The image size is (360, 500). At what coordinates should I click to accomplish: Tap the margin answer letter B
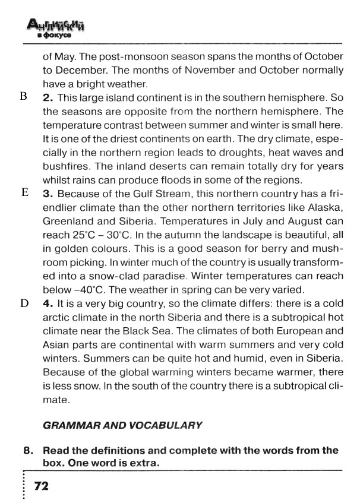[x=24, y=96]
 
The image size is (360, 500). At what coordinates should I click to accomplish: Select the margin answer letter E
[x=24, y=192]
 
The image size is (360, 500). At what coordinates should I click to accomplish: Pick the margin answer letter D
[x=24, y=303]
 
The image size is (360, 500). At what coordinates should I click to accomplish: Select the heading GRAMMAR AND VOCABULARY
[x=123, y=425]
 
